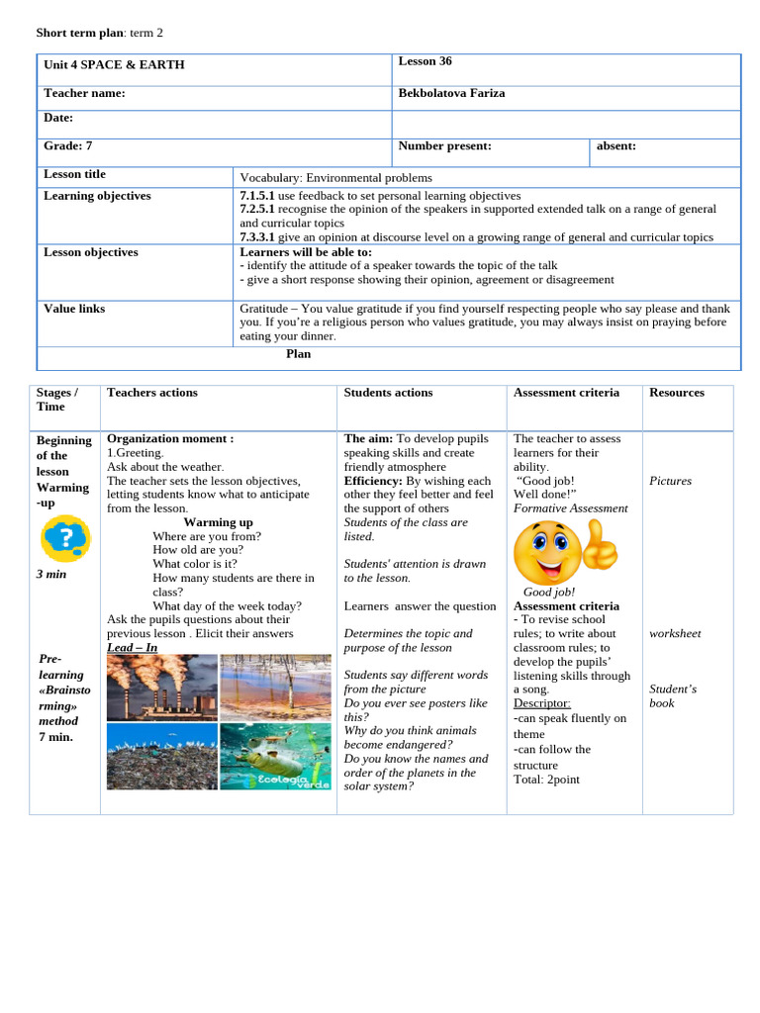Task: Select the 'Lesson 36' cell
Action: click(x=425, y=61)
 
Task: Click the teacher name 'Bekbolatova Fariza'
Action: click(x=450, y=93)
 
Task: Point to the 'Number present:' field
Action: click(x=444, y=145)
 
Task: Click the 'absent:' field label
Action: click(x=616, y=145)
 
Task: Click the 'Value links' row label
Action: click(x=74, y=309)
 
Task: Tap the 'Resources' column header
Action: click(x=676, y=393)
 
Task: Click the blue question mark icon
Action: click(x=65, y=540)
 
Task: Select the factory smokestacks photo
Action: click(x=161, y=686)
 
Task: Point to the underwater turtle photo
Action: click(x=275, y=756)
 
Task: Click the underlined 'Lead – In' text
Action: click(x=132, y=648)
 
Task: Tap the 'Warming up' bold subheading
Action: click(x=218, y=522)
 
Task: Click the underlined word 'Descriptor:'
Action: click(x=541, y=703)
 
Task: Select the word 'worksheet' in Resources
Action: click(x=675, y=633)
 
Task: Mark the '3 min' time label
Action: click(x=51, y=574)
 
